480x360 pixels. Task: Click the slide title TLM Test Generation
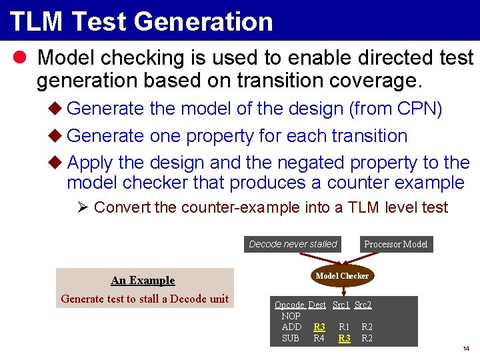pyautogui.click(x=141, y=21)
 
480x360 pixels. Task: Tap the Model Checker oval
pyautogui.click(x=342, y=275)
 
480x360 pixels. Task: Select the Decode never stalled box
pyautogui.click(x=293, y=244)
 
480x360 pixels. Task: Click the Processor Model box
pyautogui.click(x=395, y=244)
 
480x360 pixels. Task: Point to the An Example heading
pyautogui.click(x=143, y=280)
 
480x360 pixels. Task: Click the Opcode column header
pyautogui.click(x=289, y=305)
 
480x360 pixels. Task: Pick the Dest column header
pyautogui.click(x=317, y=305)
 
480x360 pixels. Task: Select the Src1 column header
pyautogui.click(x=341, y=305)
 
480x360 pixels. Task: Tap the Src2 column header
pyautogui.click(x=363, y=305)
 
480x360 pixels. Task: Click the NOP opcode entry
pyautogui.click(x=291, y=316)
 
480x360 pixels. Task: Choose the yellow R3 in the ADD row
pyautogui.click(x=319, y=327)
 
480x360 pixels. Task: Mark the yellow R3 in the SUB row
pyautogui.click(x=344, y=339)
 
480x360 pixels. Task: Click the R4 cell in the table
pyautogui.click(x=319, y=339)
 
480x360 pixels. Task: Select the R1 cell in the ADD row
pyautogui.click(x=344, y=327)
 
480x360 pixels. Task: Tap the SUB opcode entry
pyautogui.click(x=291, y=339)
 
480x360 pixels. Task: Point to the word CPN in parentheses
pyautogui.click(x=415, y=109)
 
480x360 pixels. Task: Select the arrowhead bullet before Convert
pyautogui.click(x=83, y=207)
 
